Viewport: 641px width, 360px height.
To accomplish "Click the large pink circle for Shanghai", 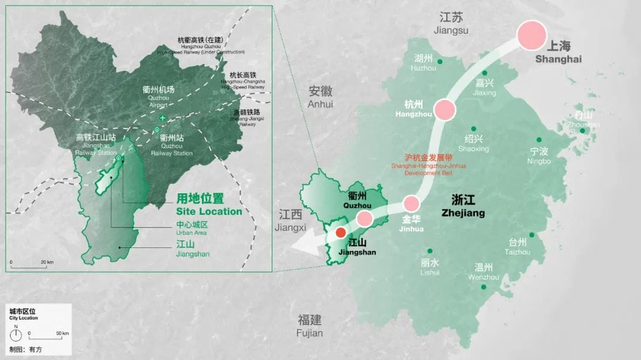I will tap(532, 35).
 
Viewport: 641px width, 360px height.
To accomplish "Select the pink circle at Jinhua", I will tap(411, 205).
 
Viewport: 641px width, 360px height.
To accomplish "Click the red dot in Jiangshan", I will tap(340, 233).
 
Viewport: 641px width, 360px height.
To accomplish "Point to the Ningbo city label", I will tap(540, 155).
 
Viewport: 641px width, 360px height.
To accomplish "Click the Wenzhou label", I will tap(483, 272).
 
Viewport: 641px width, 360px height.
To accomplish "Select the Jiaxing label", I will tap(484, 87).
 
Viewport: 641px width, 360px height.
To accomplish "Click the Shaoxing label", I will tap(473, 143).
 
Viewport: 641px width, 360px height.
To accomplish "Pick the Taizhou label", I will tap(518, 246).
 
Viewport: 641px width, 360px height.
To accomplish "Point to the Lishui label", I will tap(430, 267).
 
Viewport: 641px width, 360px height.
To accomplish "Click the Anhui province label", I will tap(320, 97).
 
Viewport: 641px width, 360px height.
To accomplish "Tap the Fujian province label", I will tap(310, 326).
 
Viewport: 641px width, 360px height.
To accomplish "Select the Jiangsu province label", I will tap(451, 23).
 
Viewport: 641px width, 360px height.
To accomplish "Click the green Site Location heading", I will tap(209, 205).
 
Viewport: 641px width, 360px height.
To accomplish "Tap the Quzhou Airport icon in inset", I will tap(163, 119).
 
